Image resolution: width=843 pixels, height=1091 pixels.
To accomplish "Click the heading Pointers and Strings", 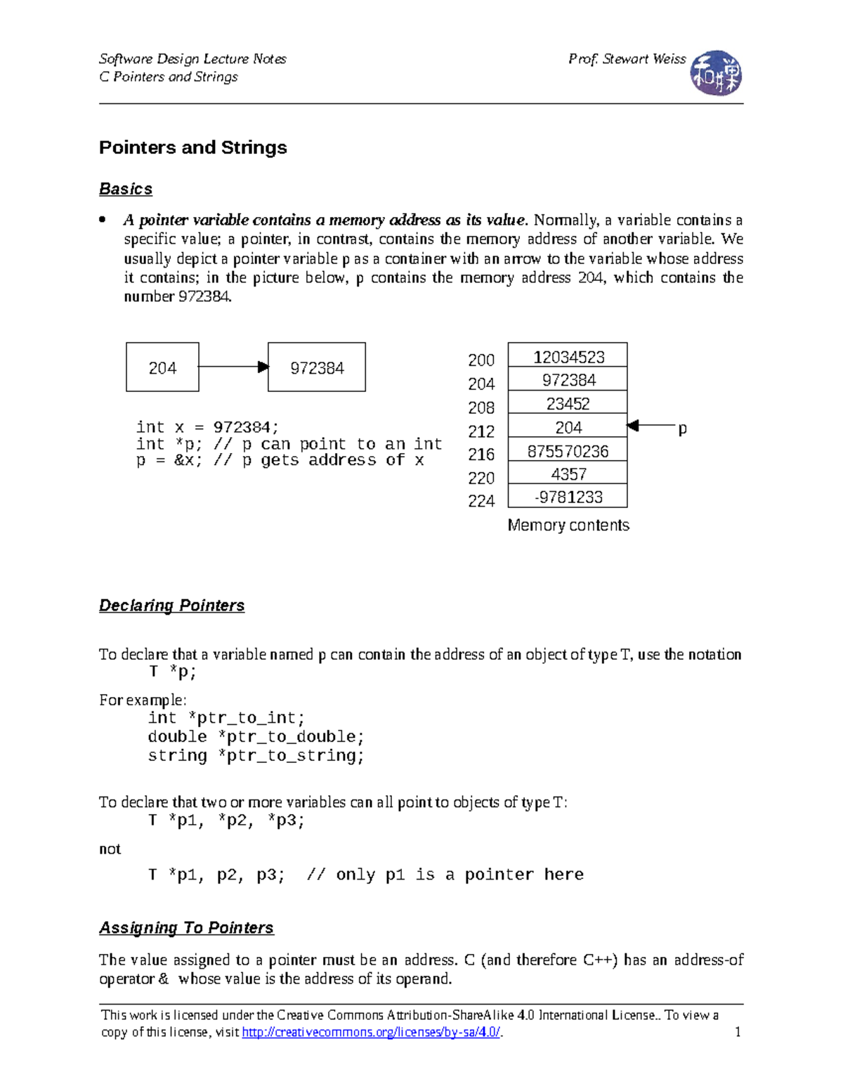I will point(192,148).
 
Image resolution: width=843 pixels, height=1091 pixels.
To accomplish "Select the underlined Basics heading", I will point(126,189).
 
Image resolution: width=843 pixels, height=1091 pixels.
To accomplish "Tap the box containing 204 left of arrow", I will point(162,367).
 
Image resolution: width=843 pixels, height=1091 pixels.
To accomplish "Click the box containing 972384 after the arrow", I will point(317,367).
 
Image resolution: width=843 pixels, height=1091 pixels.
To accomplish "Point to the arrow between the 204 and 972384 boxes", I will point(232,367).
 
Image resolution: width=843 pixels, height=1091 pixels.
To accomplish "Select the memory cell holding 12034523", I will point(568,356).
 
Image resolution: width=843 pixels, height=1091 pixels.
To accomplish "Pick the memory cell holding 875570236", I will point(568,451).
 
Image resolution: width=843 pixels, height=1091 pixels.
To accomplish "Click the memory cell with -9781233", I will point(568,497).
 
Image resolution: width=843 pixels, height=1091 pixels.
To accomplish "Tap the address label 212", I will point(481,431).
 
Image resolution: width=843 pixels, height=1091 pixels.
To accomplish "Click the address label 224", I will point(481,501).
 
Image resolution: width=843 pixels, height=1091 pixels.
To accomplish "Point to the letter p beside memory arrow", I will point(682,429).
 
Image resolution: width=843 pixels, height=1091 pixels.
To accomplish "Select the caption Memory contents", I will point(568,525).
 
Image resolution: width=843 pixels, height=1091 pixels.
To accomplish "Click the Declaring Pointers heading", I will point(171,606).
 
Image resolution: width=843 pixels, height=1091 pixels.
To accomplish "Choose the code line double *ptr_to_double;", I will point(256,737).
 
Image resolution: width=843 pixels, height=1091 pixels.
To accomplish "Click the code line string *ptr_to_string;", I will point(256,756).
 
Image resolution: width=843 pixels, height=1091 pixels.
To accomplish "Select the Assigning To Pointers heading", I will point(186,928).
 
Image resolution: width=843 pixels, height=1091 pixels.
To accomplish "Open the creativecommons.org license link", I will point(371,1032).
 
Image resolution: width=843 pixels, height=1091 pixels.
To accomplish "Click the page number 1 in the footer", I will point(738,1032).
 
